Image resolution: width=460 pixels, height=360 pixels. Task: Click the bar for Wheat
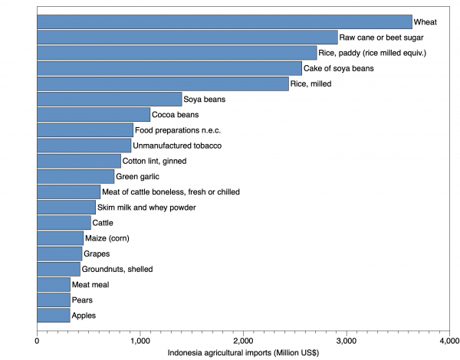(x=224, y=21)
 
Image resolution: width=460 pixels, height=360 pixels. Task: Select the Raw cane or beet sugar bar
(x=187, y=37)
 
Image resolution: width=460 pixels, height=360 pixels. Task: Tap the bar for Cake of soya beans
(x=169, y=68)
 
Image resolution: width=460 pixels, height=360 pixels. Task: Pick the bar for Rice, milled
(x=163, y=83)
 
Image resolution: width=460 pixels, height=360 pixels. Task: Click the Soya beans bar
(x=109, y=99)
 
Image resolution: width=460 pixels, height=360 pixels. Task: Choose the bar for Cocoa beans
(x=94, y=114)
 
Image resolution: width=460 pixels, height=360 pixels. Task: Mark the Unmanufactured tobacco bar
(x=84, y=146)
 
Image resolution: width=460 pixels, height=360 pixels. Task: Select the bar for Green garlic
(x=75, y=176)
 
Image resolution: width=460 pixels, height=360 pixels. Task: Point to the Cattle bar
(x=64, y=223)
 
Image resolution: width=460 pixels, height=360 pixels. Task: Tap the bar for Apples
(x=53, y=316)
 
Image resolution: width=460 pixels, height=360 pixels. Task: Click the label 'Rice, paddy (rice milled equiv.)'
(x=372, y=53)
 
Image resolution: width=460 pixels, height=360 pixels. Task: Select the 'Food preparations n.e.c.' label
(x=178, y=130)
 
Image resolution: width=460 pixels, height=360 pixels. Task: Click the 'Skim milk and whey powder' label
(x=146, y=208)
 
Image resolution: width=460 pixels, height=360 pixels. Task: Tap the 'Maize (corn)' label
(x=107, y=238)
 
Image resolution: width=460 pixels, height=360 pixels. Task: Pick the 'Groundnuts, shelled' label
(x=117, y=270)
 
